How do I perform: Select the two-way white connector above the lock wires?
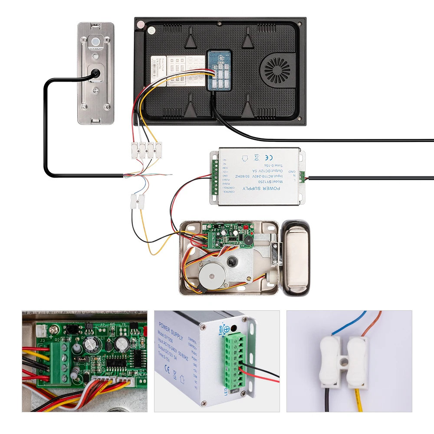pos(138,201)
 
